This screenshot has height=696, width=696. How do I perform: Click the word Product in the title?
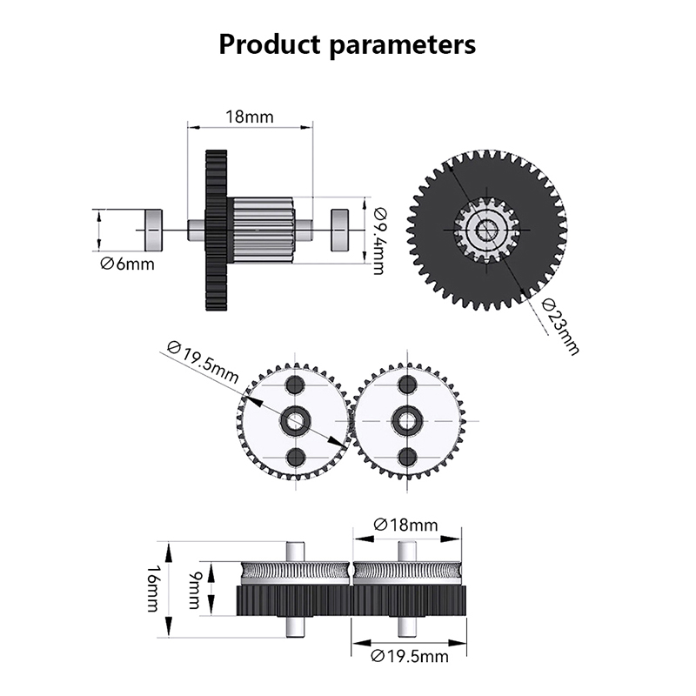click(x=270, y=43)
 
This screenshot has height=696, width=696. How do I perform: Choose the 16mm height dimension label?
click(x=153, y=589)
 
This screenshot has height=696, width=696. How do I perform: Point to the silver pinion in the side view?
click(x=262, y=228)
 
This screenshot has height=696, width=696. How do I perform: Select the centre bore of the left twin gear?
click(x=295, y=421)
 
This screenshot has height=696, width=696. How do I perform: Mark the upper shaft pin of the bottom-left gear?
click(x=295, y=552)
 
